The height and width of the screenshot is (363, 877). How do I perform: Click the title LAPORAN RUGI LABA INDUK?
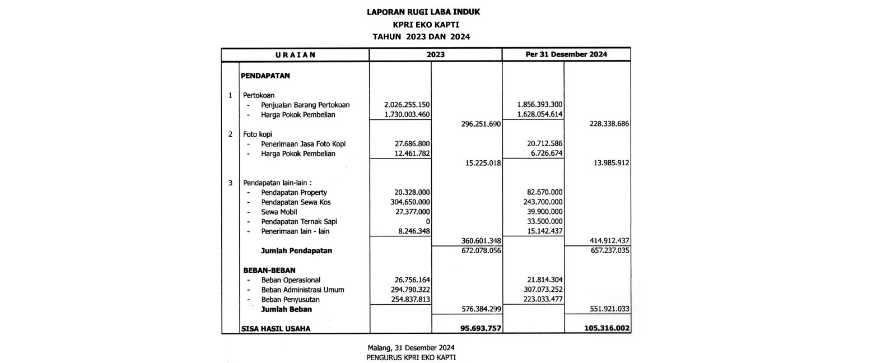[423, 12]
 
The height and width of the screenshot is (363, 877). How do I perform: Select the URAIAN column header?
[296, 55]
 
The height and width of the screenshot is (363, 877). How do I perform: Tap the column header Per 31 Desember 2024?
[566, 55]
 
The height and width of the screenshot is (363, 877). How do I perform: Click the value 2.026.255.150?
[406, 105]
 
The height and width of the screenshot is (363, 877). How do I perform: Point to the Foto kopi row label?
[258, 134]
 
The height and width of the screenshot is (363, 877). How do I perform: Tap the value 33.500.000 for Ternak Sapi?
[542, 222]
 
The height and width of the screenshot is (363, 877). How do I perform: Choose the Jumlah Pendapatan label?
[296, 251]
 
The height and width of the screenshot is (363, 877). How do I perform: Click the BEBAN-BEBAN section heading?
[269, 270]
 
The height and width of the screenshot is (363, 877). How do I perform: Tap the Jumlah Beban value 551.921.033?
[607, 309]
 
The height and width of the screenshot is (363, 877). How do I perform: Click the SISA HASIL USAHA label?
[276, 329]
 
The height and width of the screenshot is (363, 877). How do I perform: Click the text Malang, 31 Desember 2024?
[410, 347]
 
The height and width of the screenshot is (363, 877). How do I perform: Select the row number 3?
[230, 183]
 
